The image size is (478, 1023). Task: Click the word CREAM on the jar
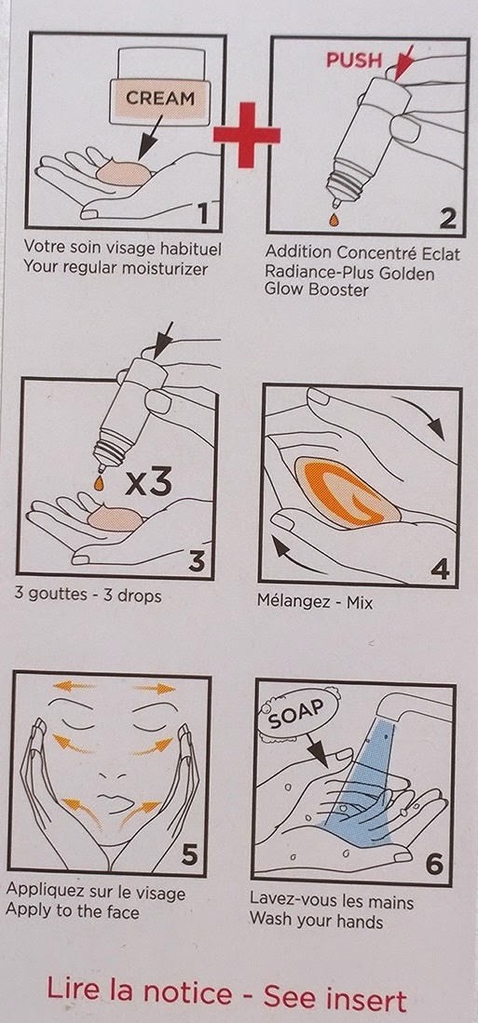click(160, 99)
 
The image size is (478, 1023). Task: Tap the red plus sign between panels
click(247, 135)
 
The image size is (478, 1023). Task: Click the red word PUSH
click(354, 60)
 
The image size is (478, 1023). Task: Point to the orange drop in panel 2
click(335, 220)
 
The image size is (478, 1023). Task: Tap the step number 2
click(447, 218)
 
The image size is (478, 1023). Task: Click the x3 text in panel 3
click(147, 482)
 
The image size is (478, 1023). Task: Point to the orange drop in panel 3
click(99, 483)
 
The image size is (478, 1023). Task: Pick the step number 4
click(440, 569)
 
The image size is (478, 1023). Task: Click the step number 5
click(189, 855)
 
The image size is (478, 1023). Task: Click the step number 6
click(434, 864)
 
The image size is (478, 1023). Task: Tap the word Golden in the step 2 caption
click(406, 273)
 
